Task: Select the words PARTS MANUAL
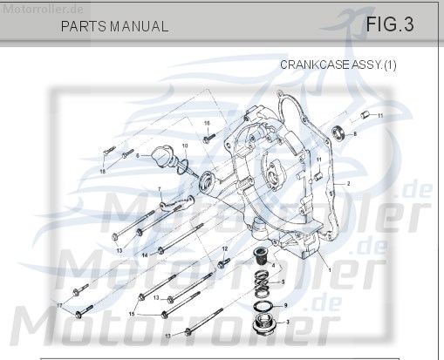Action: (114, 26)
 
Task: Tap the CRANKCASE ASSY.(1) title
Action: (338, 65)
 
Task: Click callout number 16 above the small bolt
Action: (208, 124)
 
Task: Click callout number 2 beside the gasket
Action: (348, 184)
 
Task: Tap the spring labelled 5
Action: (262, 283)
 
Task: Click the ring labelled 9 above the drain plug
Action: (263, 306)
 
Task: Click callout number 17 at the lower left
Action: (60, 306)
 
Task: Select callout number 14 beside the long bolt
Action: (145, 253)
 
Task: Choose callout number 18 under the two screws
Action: (102, 172)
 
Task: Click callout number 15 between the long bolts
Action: (132, 312)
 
